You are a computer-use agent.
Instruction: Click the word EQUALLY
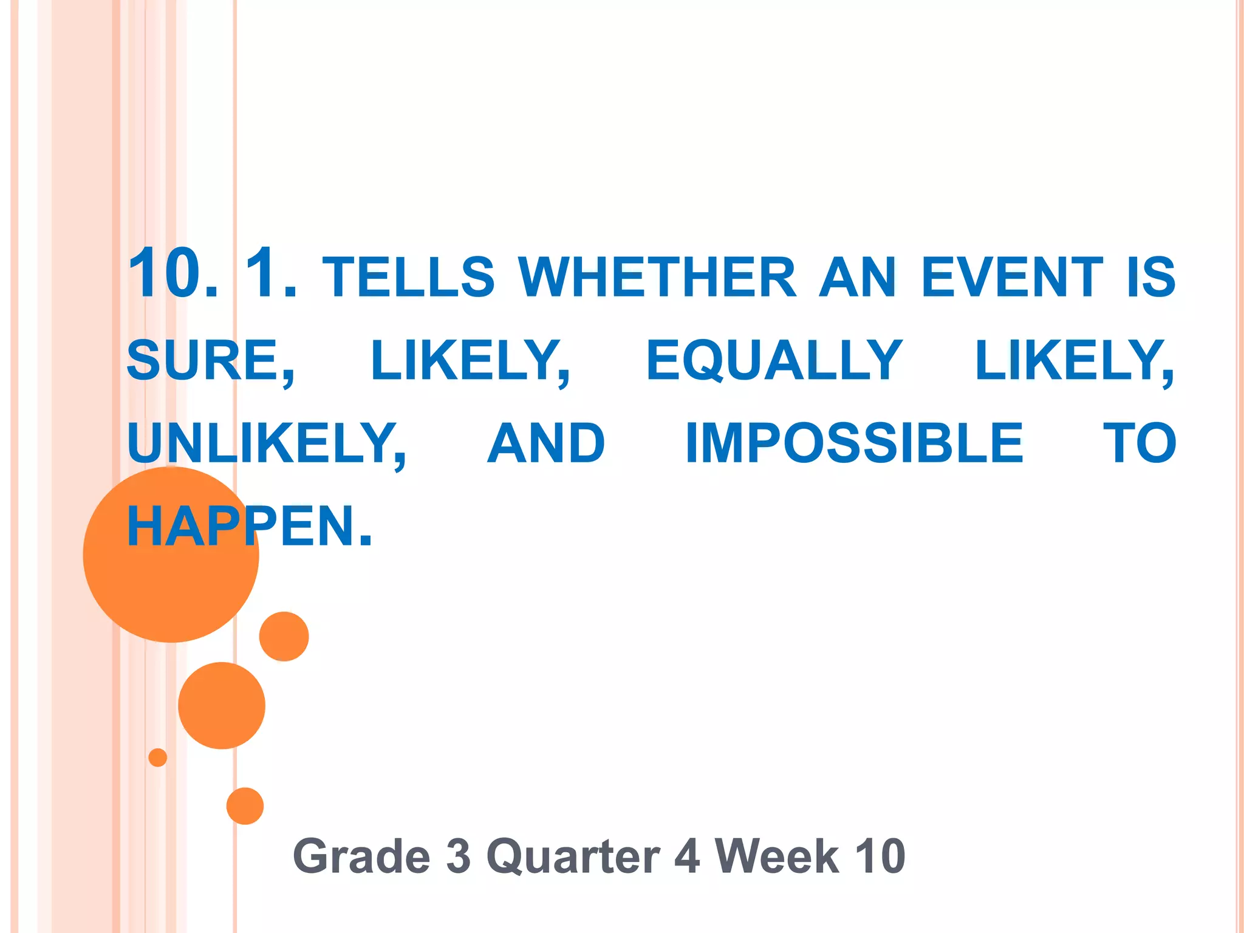(x=774, y=360)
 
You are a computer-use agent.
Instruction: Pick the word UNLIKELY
(x=266, y=443)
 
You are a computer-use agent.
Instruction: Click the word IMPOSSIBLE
(x=854, y=443)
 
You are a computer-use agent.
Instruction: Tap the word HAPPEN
(x=249, y=526)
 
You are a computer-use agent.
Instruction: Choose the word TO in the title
(x=1140, y=443)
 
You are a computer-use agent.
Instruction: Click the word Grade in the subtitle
(x=362, y=856)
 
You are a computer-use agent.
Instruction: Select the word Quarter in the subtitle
(x=573, y=856)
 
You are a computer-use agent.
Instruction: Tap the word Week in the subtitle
(x=776, y=856)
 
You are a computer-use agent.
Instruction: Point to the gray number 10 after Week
(x=880, y=856)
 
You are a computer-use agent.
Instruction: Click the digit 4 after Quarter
(x=686, y=856)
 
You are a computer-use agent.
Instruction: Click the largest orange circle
(x=171, y=555)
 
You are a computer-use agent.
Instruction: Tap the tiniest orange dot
(x=158, y=757)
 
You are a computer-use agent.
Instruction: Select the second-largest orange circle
(x=222, y=705)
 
